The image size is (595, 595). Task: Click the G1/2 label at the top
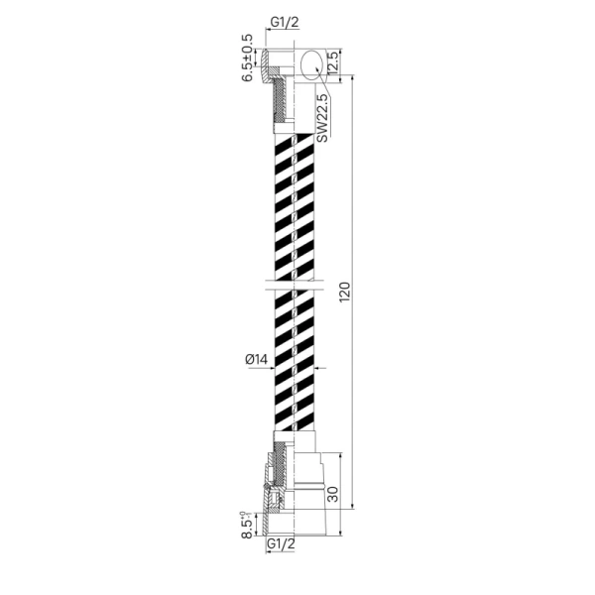coord(285,22)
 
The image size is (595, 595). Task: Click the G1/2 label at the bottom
coord(281,543)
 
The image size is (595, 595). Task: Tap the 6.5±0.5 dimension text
coord(247,58)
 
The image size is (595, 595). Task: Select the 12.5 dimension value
coord(332,62)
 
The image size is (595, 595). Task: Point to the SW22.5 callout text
coord(321,118)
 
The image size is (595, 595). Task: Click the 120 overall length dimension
coord(344,292)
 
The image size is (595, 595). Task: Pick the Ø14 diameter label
coord(257,359)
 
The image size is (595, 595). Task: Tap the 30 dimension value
coord(332,494)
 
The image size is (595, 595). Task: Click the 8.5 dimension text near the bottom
coord(247,525)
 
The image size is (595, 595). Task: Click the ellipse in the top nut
coord(312,64)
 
